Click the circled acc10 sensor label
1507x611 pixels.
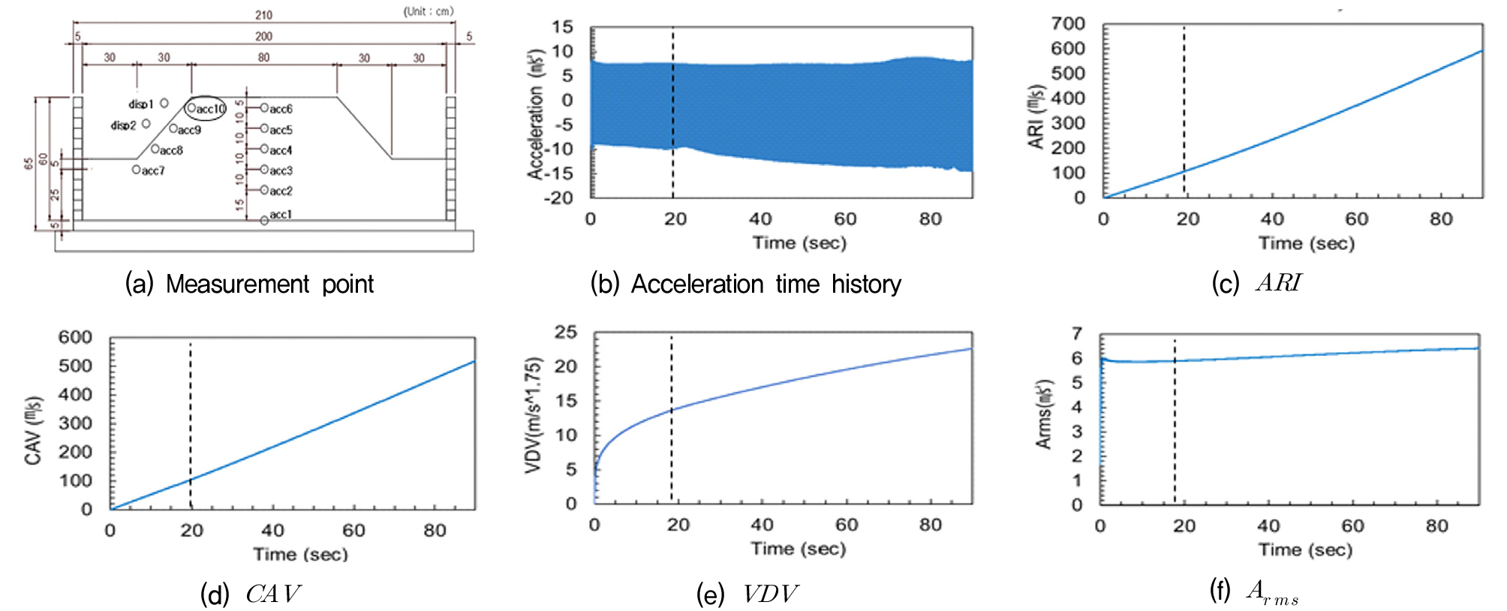tap(206, 109)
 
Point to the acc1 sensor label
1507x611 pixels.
tap(280, 215)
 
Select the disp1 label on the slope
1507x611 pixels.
tap(140, 104)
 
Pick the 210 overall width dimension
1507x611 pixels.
tap(263, 15)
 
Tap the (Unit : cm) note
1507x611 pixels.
tap(429, 11)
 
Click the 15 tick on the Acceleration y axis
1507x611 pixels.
tap(563, 27)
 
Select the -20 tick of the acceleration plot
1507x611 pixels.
tap(558, 198)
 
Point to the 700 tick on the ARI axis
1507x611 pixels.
tap(1068, 23)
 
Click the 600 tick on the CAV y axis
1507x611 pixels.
tap(76, 337)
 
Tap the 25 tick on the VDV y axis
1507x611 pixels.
tap(566, 332)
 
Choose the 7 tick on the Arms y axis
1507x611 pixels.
tap(1077, 333)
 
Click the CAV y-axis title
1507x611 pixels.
tap(34, 430)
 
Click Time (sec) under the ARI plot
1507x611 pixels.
tap(1307, 243)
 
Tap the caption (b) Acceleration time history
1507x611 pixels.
tap(746, 284)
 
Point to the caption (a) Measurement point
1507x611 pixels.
tap(249, 284)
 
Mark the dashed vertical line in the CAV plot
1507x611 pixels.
tap(190, 420)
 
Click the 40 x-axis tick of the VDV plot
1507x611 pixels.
tap(762, 525)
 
